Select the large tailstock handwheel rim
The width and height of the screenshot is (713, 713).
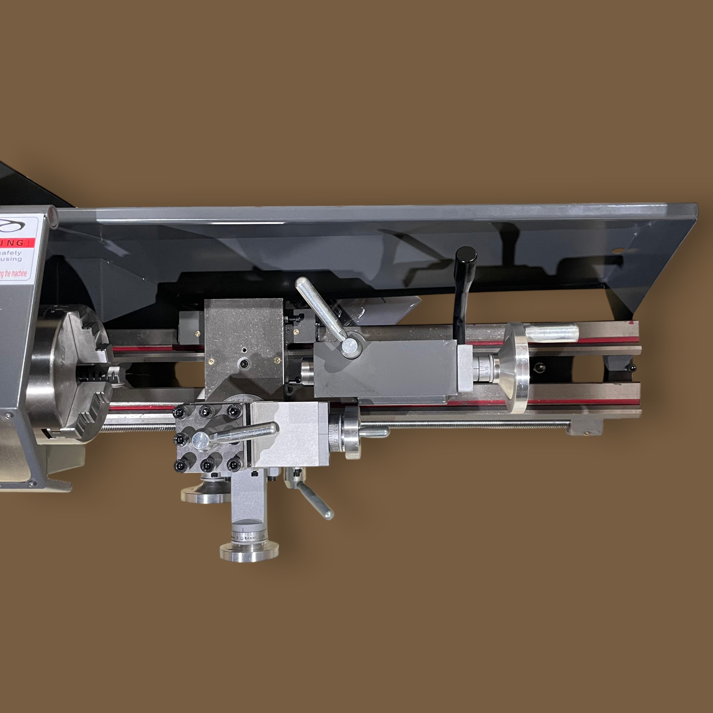tap(517, 367)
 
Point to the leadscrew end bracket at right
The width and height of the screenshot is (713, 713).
tap(585, 428)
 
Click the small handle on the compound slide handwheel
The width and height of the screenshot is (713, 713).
tap(375, 431)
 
